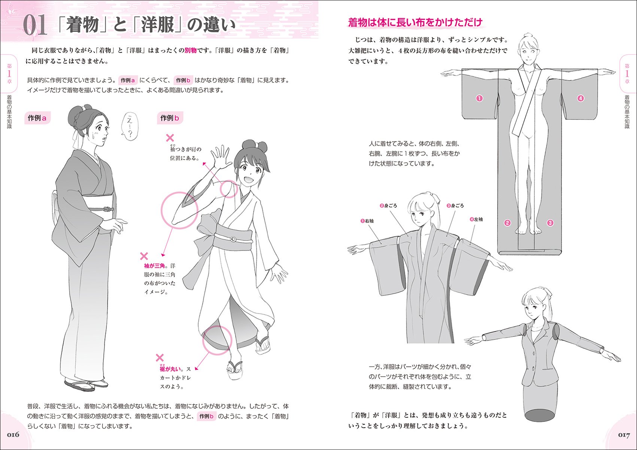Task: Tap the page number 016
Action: (13, 435)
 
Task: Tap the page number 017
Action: (624, 435)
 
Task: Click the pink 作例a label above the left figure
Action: (37, 118)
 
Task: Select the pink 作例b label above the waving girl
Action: (170, 118)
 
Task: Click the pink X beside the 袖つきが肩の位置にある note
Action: (170, 138)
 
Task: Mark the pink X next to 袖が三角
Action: (144, 256)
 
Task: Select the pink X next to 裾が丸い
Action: (160, 358)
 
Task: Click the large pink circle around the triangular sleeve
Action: (179, 210)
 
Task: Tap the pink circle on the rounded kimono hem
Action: (217, 340)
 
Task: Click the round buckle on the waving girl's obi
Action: (233, 239)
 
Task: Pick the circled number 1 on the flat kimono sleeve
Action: (479, 98)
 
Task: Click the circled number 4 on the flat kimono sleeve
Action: (580, 98)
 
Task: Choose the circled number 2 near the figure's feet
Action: (507, 223)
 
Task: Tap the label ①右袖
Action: (367, 221)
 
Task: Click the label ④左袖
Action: (476, 219)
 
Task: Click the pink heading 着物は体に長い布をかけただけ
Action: (415, 22)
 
